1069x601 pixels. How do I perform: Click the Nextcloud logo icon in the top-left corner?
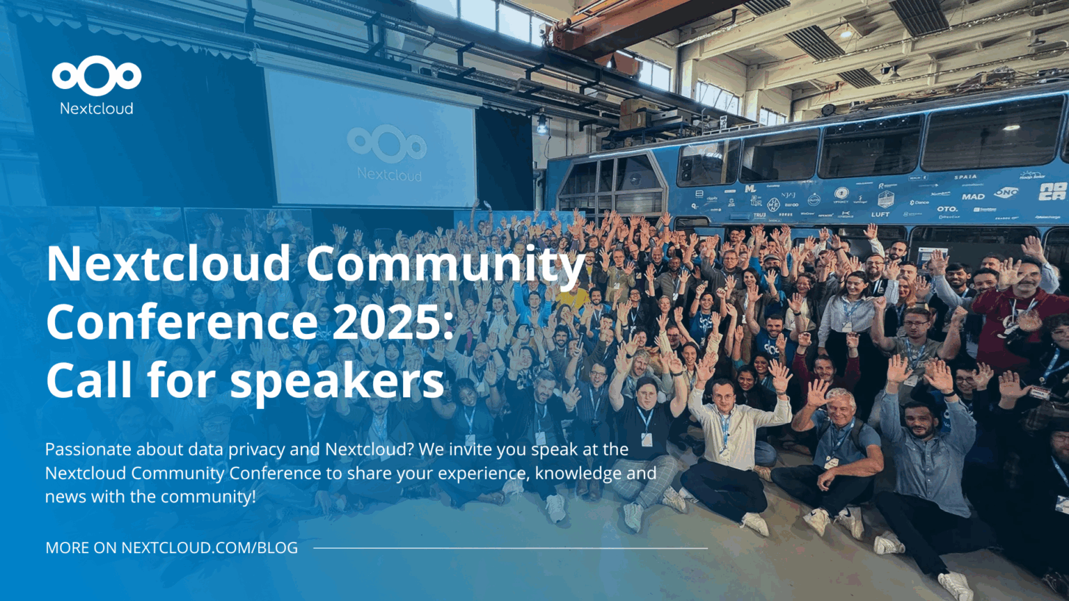(96, 76)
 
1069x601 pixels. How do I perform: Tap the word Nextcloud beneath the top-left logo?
(96, 109)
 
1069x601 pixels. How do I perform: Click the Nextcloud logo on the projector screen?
(387, 143)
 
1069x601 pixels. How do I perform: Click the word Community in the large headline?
(445, 264)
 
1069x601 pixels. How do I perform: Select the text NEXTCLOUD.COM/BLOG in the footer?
(209, 548)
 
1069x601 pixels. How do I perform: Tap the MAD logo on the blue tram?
(973, 197)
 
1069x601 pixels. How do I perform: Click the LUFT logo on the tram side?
(880, 214)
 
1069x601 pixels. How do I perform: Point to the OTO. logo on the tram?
(947, 209)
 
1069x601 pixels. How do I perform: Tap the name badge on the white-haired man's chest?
(831, 460)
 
